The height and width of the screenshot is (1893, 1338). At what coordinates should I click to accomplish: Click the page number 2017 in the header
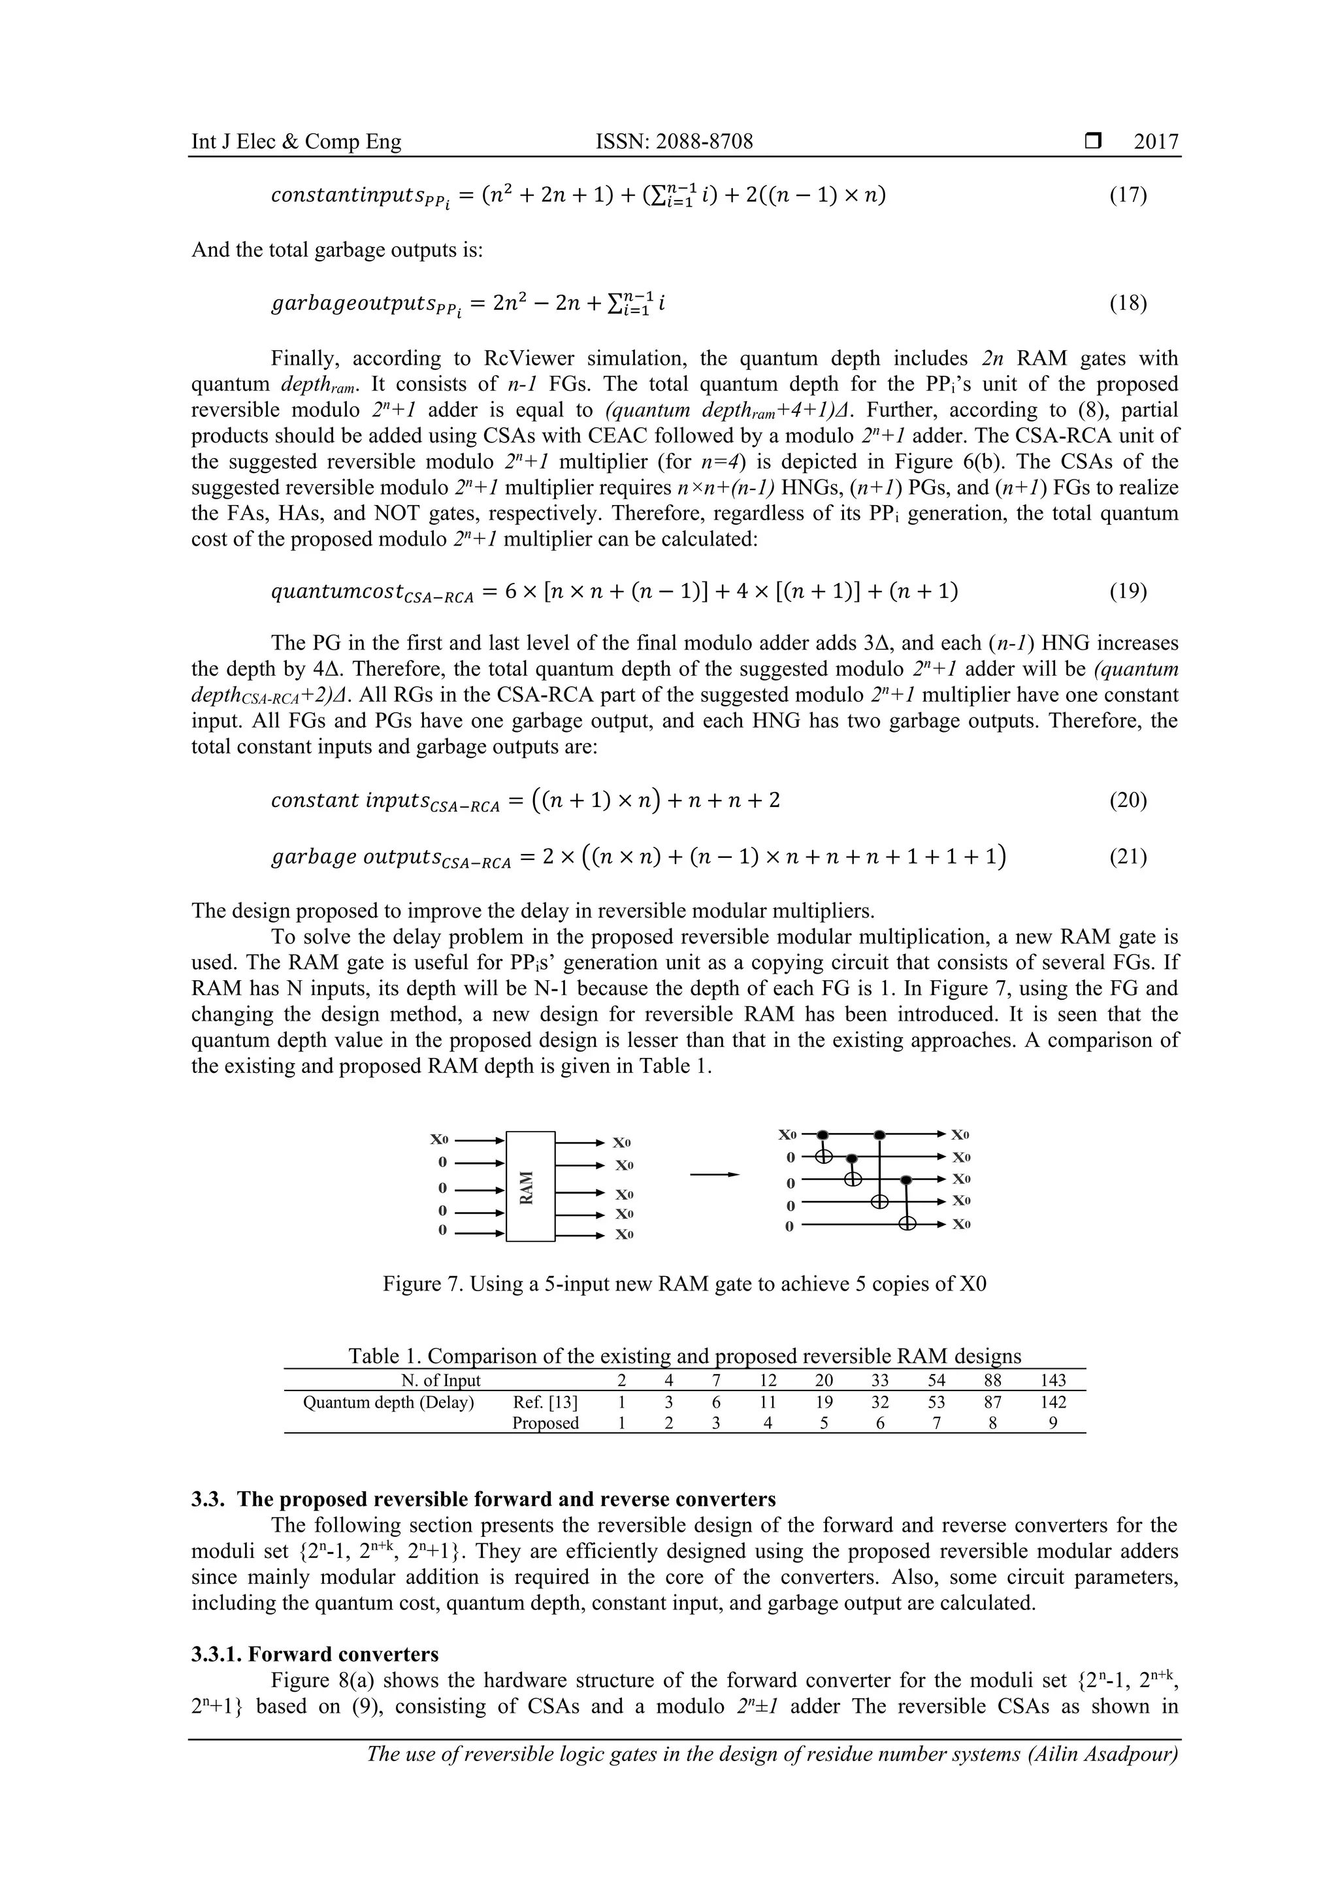pos(1155,142)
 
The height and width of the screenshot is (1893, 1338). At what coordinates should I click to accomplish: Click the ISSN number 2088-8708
pos(674,142)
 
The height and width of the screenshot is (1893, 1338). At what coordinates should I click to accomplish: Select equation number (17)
pos(1127,195)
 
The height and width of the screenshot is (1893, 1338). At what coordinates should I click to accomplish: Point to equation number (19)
pos(1127,591)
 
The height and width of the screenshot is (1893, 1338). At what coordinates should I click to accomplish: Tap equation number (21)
pos(1127,857)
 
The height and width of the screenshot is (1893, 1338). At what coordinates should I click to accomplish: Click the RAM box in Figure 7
pos(530,1187)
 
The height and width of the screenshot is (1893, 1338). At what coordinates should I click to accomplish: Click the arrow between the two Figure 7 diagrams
pos(714,1175)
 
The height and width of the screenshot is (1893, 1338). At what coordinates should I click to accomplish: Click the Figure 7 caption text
pos(684,1284)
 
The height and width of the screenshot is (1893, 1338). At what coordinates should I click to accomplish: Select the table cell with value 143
pos(1052,1380)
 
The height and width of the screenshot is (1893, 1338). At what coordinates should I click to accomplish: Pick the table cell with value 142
pos(1052,1402)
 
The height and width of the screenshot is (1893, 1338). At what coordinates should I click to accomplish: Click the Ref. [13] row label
pos(545,1402)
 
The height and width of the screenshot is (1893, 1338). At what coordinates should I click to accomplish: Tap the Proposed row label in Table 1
pos(545,1423)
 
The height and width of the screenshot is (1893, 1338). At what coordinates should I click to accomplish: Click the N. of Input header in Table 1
pos(434,1380)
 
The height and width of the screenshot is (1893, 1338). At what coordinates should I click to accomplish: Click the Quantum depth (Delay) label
pos(388,1402)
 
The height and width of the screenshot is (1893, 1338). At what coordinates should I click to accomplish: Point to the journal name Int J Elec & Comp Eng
pos(296,142)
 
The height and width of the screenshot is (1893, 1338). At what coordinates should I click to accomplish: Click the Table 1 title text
pos(684,1357)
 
